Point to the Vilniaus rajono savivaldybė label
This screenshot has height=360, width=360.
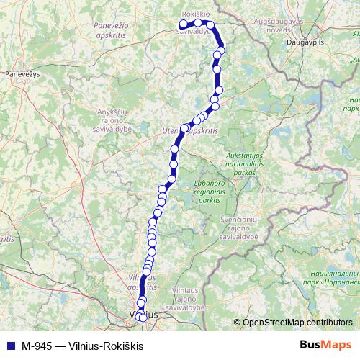(189, 299)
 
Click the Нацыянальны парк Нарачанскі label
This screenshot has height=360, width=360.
(333, 284)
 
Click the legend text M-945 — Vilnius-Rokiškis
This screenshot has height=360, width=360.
(82, 346)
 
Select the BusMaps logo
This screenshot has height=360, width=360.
(325, 346)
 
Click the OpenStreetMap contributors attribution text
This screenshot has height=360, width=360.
(297, 323)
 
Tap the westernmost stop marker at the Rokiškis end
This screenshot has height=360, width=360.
(183, 25)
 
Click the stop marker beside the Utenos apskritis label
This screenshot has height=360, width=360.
(184, 128)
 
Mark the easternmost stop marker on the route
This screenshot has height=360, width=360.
(221, 49)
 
